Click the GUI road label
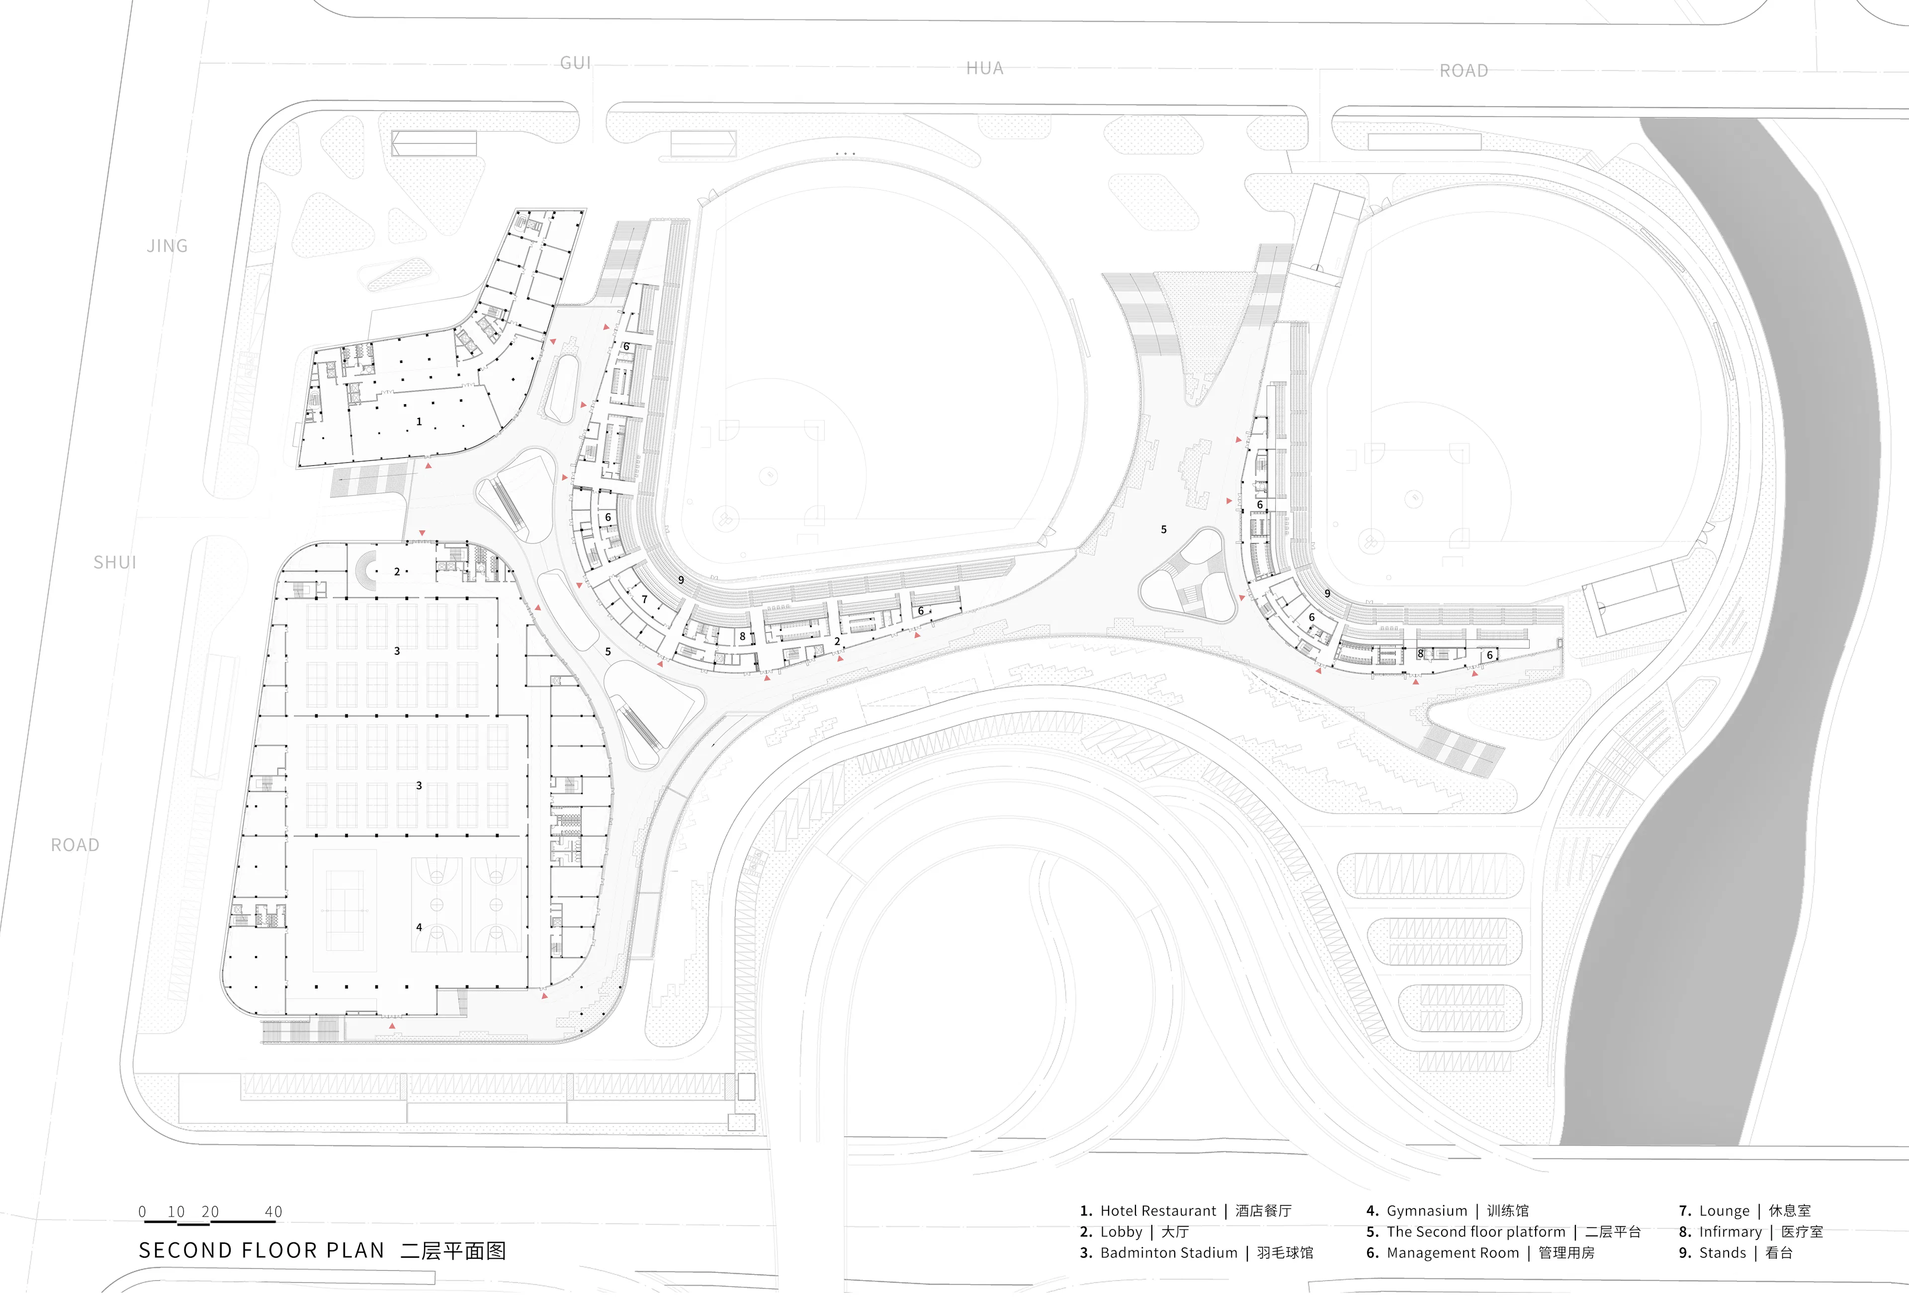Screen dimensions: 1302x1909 tap(575, 63)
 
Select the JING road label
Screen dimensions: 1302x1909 tap(167, 246)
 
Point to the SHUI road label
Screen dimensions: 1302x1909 tap(114, 563)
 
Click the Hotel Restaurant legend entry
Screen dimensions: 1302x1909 tap(1185, 1211)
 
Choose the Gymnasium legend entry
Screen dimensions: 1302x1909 tap(1447, 1211)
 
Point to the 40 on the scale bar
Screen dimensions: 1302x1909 tap(273, 1212)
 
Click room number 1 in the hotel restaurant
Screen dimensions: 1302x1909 tap(419, 422)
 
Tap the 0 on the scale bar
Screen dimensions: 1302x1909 tap(142, 1212)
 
